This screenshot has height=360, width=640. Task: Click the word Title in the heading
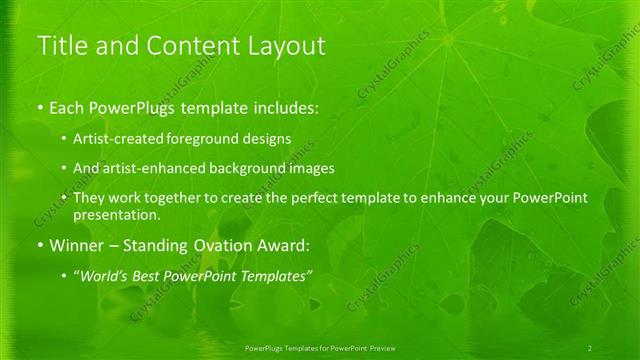point(59,46)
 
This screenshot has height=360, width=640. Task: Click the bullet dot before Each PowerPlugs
point(39,108)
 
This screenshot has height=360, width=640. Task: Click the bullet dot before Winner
point(39,245)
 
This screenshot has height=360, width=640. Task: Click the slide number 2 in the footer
point(590,347)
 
